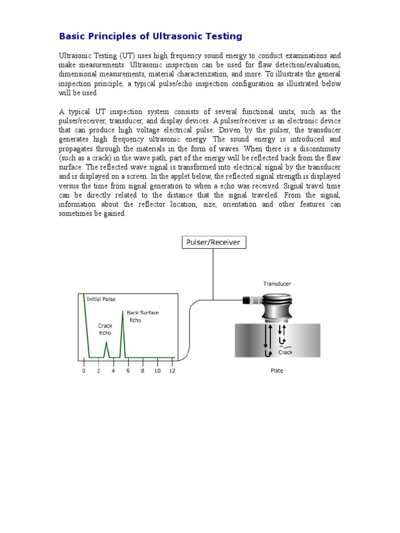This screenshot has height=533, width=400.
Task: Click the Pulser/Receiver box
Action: (214, 242)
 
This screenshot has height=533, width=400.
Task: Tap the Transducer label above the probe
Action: (277, 284)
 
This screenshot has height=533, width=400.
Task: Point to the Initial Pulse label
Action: (101, 299)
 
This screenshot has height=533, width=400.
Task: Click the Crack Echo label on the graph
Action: (105, 329)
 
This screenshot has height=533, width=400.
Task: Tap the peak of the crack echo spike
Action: (106, 342)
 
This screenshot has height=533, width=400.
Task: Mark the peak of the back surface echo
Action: (123, 311)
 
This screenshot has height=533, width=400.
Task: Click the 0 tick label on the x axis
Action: (83, 371)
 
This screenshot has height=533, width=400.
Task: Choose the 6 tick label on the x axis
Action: (128, 371)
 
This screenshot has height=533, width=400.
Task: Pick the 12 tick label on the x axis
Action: (172, 371)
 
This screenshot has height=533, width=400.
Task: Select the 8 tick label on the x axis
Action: (142, 371)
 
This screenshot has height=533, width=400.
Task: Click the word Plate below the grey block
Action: (277, 371)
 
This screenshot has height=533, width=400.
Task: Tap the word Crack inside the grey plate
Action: (285, 352)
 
